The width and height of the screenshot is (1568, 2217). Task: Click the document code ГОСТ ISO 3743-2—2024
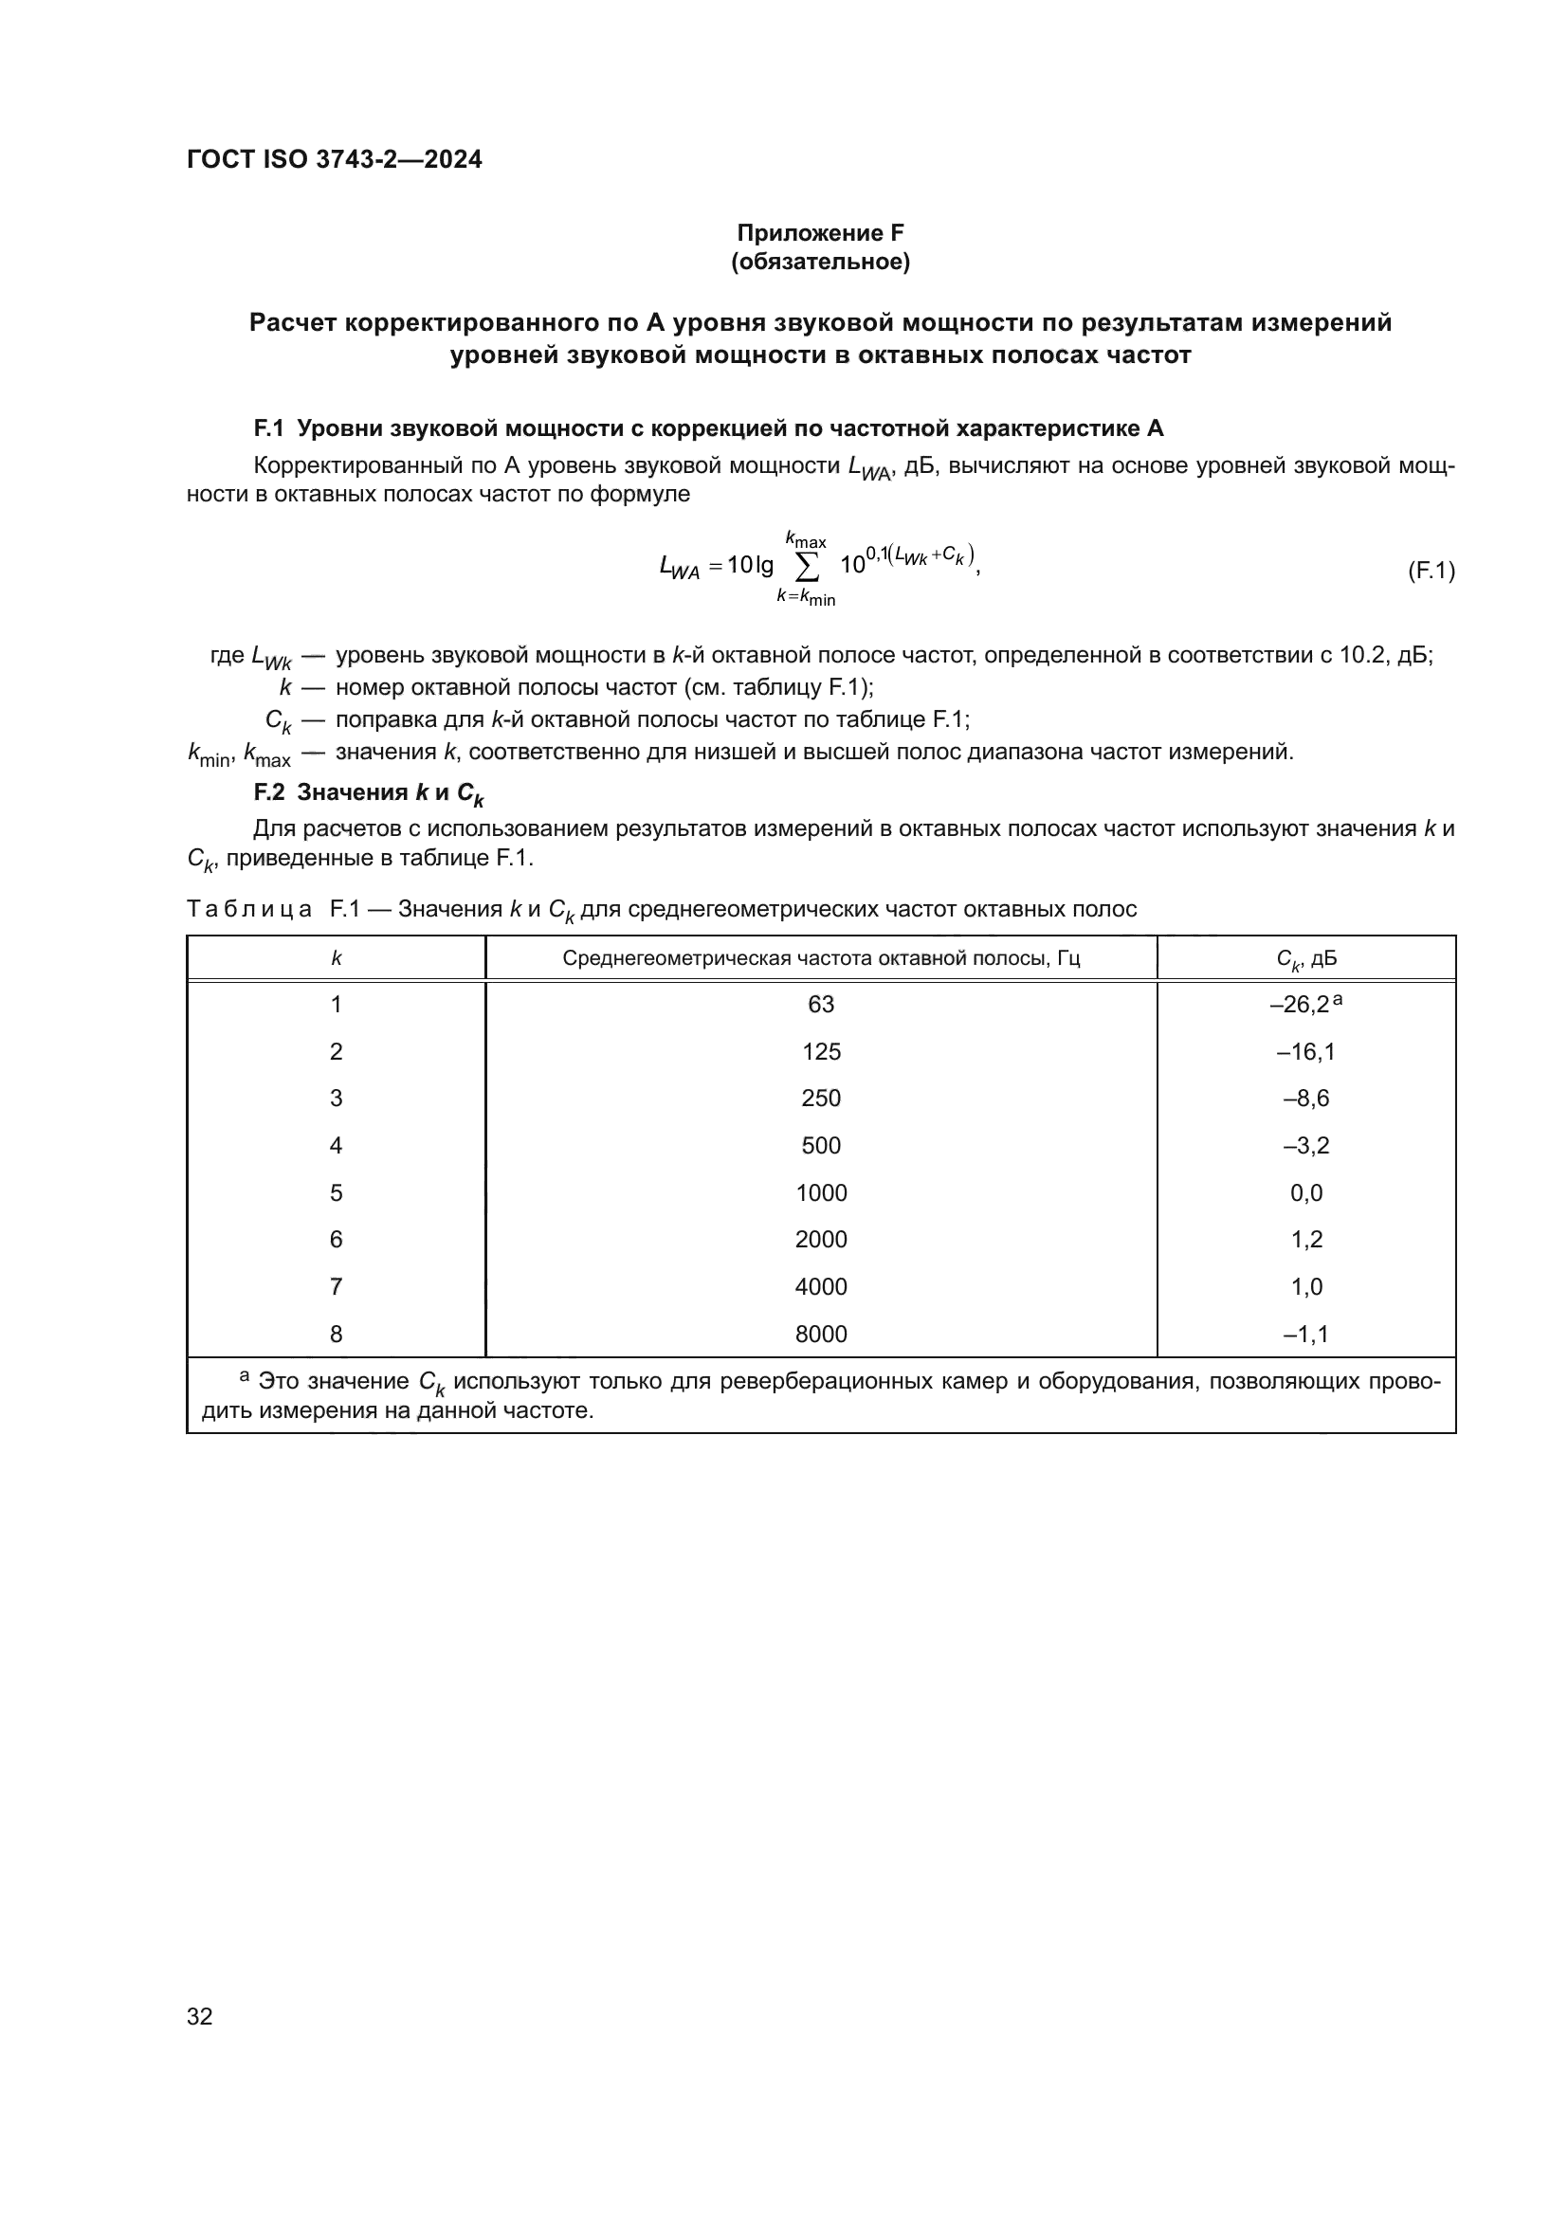(334, 159)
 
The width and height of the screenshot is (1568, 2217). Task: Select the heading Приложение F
(820, 233)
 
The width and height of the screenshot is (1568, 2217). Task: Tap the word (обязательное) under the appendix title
(820, 262)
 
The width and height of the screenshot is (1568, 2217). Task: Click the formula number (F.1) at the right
(1430, 570)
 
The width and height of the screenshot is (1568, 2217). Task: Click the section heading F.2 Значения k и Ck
(368, 792)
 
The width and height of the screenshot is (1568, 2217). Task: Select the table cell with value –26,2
(1299, 1004)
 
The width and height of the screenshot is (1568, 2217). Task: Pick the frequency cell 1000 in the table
(821, 1192)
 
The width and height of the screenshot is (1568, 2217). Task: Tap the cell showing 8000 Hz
(821, 1334)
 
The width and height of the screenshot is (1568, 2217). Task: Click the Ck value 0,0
(1305, 1192)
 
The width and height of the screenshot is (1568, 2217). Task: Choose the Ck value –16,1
(1305, 1051)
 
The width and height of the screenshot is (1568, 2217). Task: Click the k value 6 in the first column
(336, 1239)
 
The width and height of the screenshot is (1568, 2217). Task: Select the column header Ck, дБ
(1305, 959)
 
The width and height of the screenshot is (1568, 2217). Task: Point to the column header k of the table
(336, 958)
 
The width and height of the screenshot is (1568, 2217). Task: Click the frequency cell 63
(821, 1004)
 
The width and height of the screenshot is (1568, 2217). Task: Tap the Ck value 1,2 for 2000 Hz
(1305, 1239)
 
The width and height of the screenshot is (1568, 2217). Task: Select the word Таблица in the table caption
(249, 909)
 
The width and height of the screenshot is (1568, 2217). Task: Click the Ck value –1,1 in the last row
(1305, 1334)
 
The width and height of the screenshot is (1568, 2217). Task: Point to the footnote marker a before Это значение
(245, 1375)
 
